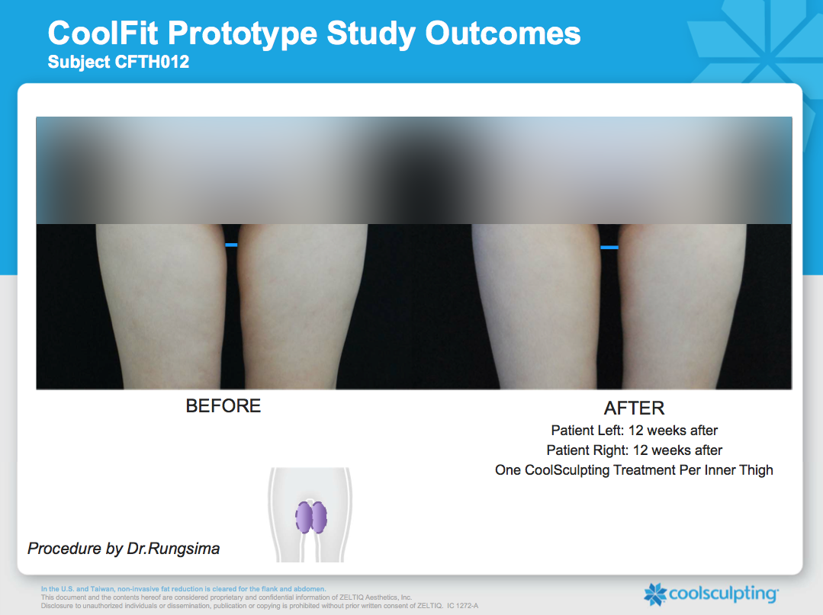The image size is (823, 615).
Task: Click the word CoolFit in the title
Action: (103, 33)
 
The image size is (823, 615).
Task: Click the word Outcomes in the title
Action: (503, 33)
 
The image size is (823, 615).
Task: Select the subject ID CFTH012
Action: (153, 62)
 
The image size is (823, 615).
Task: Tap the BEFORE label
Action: (223, 405)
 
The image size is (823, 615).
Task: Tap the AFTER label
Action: (634, 408)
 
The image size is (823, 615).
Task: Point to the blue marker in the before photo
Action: (231, 245)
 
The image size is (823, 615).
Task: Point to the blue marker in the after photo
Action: (609, 248)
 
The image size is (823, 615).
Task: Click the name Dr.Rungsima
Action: (173, 549)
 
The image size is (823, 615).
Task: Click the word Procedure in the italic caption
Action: (64, 549)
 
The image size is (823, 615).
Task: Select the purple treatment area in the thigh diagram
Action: (311, 517)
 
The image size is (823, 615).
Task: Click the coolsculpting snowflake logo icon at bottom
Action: (655, 594)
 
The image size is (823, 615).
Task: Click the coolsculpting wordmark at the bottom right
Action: (724, 594)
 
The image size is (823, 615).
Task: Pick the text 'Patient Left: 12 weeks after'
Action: (634, 431)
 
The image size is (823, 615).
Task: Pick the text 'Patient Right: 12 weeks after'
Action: (634, 450)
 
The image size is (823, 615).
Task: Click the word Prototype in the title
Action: (243, 34)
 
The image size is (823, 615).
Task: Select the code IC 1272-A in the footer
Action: (462, 606)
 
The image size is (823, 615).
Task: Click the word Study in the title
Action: (371, 34)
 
